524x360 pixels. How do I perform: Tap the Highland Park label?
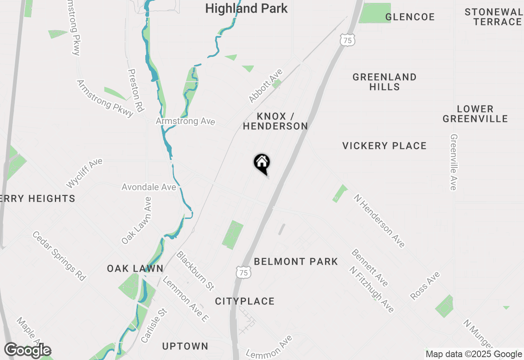(246, 8)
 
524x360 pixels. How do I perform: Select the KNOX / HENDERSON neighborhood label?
(275, 121)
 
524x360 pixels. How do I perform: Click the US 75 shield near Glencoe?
(347, 40)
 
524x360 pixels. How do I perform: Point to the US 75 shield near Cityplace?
(243, 272)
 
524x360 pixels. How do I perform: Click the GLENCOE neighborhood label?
(410, 17)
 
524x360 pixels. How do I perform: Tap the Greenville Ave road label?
(454, 162)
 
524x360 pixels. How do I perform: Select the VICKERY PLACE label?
(384, 146)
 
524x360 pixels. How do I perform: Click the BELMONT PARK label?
(296, 261)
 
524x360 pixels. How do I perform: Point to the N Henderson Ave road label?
(379, 220)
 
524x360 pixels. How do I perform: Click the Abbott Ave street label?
(266, 86)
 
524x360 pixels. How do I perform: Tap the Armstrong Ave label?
(185, 122)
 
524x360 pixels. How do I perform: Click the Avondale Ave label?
(149, 187)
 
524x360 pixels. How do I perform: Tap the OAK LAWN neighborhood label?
(135, 268)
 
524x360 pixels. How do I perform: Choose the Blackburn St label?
(195, 270)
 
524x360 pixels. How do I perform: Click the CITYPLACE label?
(245, 301)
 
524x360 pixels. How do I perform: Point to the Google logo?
(28, 350)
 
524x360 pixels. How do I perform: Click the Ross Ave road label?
(425, 286)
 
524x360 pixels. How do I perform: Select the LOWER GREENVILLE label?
(475, 114)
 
